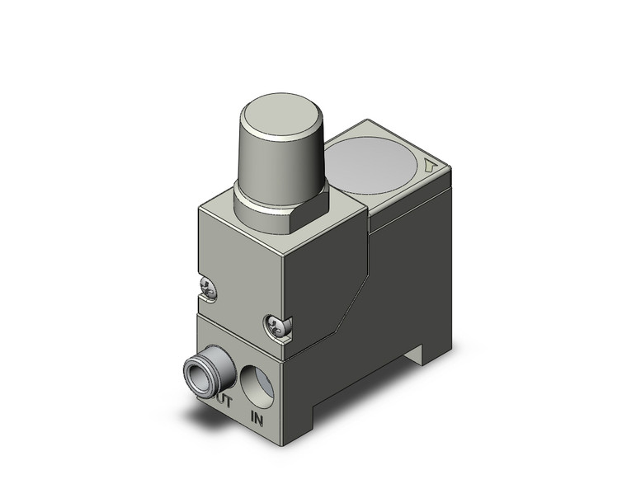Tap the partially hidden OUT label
point(224,401)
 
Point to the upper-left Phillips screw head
point(210,287)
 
